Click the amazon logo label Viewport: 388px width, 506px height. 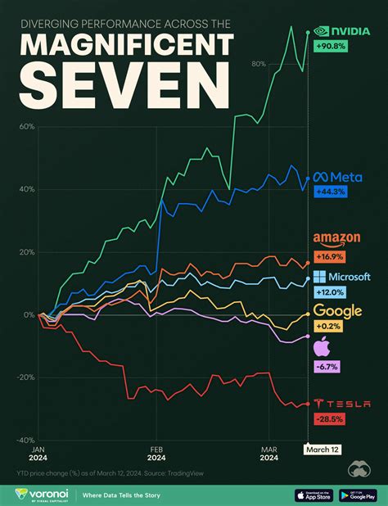[x=337, y=239]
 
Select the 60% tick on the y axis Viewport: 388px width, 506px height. [x=25, y=127]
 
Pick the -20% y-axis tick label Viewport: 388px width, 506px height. [x=24, y=377]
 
